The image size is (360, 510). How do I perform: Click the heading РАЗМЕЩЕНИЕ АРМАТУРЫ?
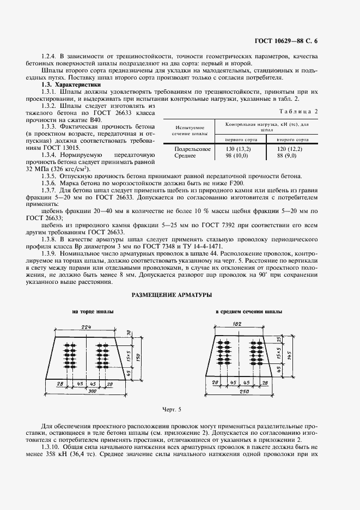[x=170, y=295]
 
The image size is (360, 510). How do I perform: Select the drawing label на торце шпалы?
[x=93, y=312]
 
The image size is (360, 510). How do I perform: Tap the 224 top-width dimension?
[x=87, y=326]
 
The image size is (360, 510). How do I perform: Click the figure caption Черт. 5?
[x=171, y=409]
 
